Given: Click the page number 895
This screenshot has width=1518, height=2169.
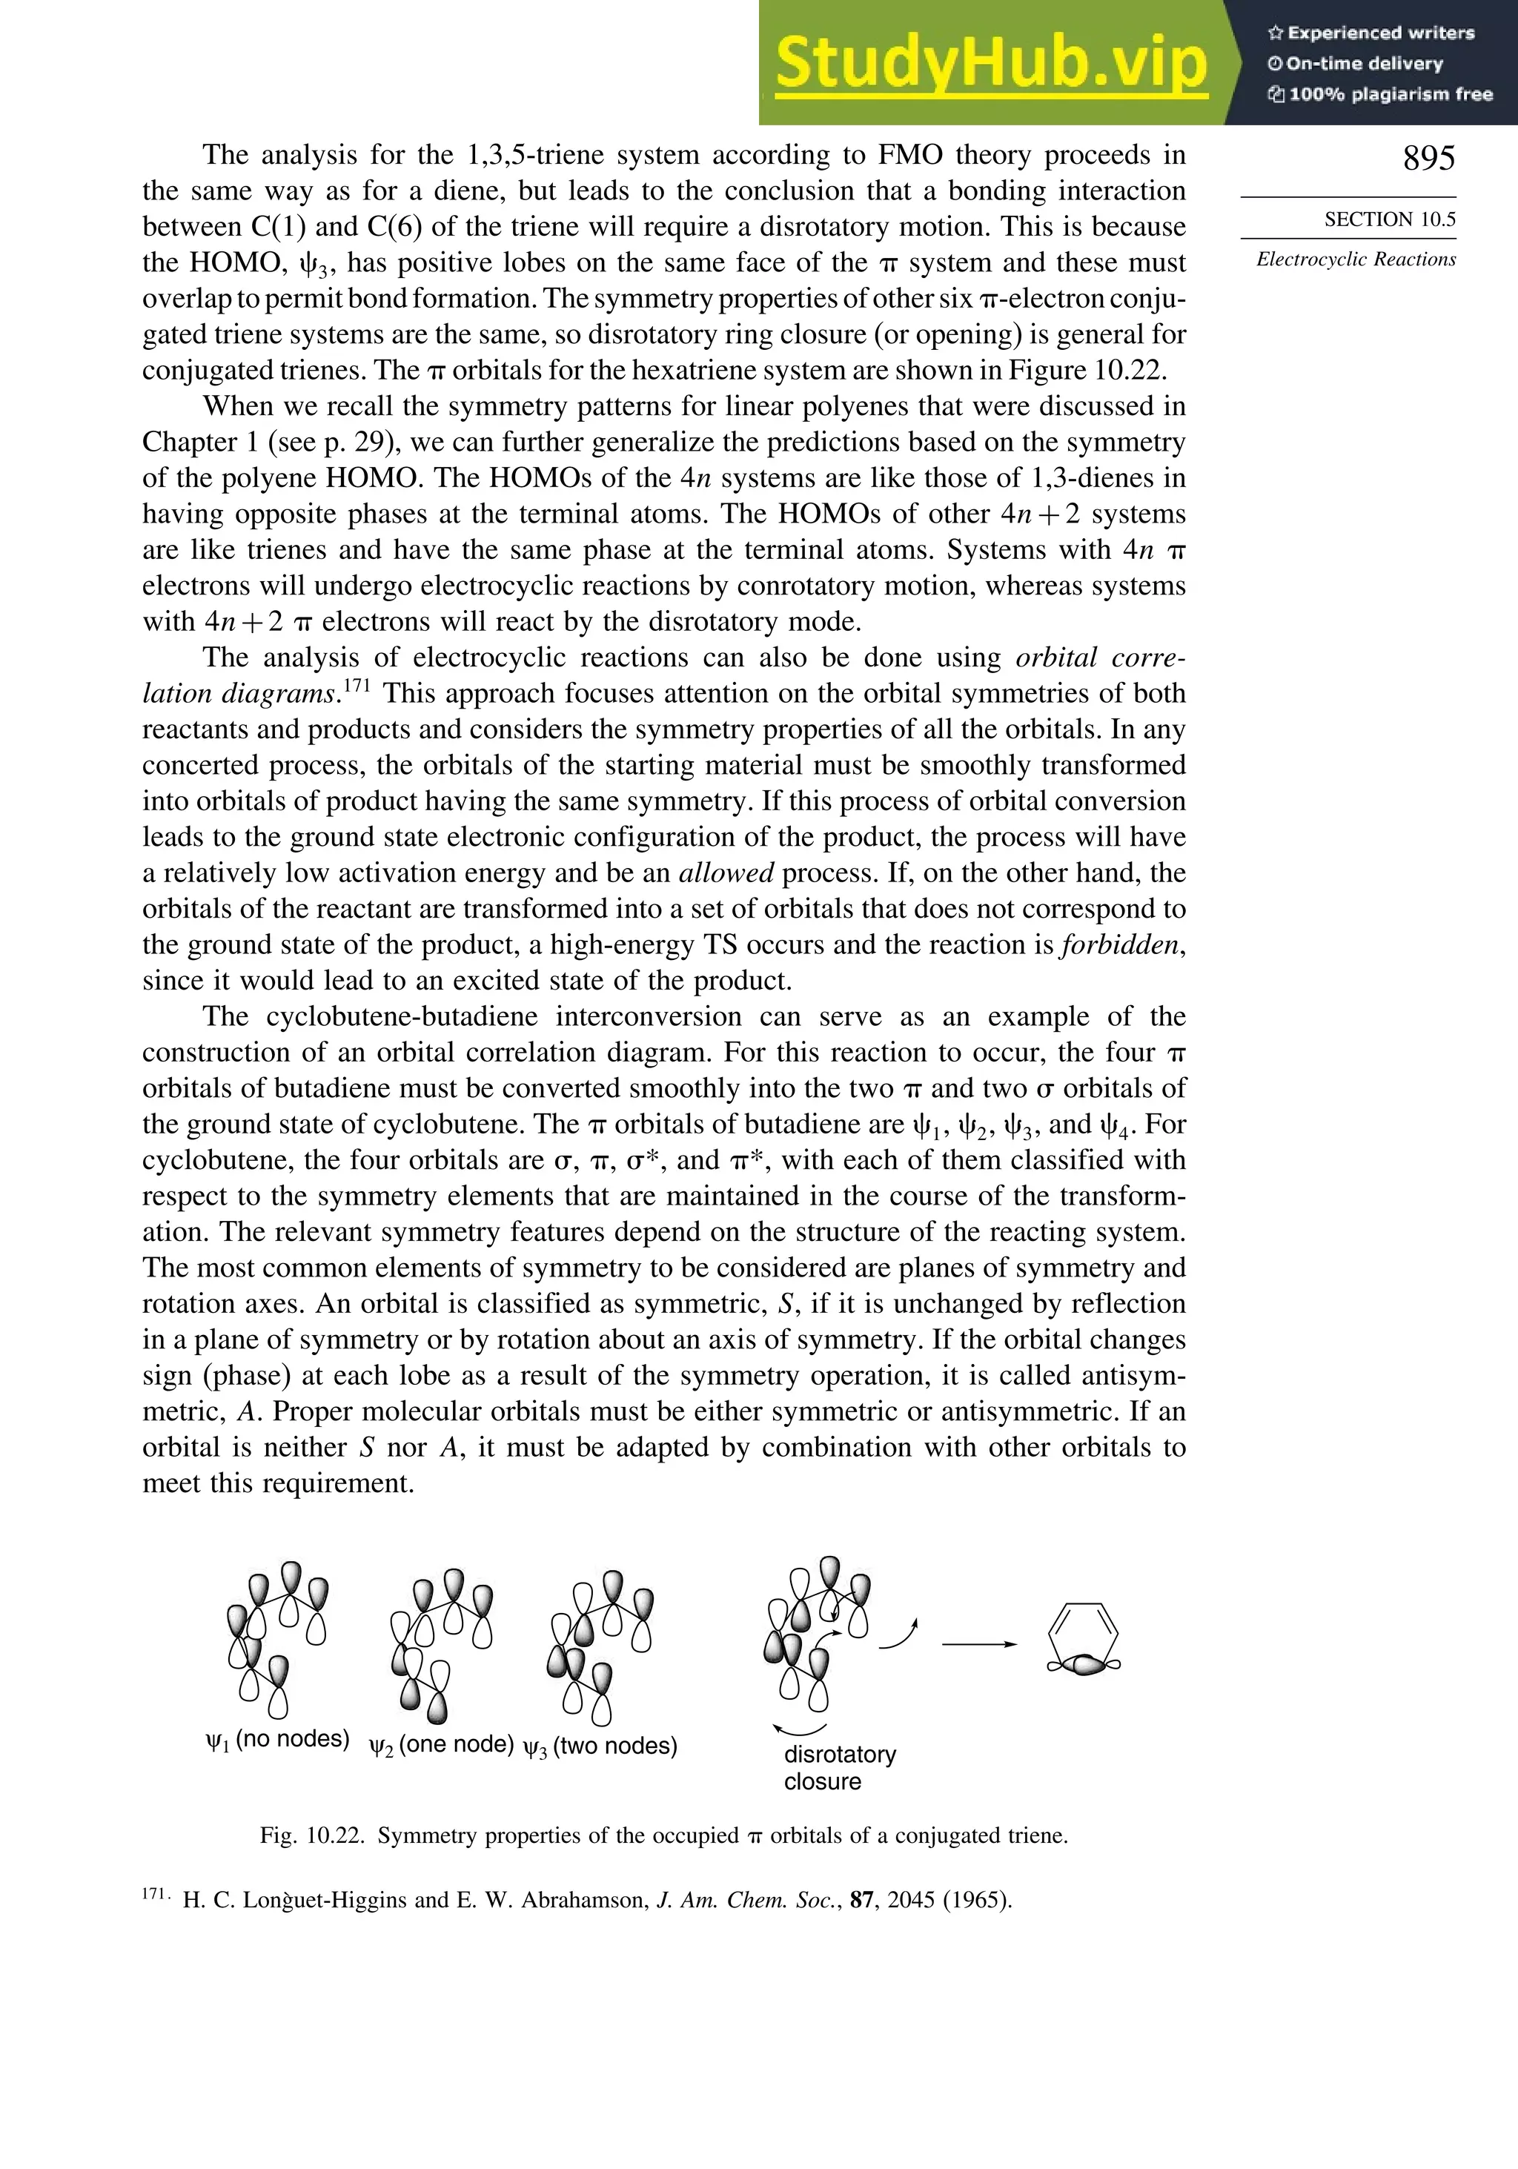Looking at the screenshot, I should click(x=1428, y=158).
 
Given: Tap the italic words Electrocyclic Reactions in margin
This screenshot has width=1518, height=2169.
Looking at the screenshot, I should click(x=1356, y=259).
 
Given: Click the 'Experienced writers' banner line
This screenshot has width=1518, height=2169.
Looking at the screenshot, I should click(x=1370, y=33).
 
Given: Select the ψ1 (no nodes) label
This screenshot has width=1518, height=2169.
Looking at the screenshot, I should click(x=276, y=1739).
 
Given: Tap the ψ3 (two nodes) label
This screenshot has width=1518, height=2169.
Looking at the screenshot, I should click(x=600, y=1746).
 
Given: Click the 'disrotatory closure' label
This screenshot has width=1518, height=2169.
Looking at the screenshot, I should click(x=839, y=1767).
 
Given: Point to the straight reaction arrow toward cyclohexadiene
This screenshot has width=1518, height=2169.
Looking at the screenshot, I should click(x=978, y=1643).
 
